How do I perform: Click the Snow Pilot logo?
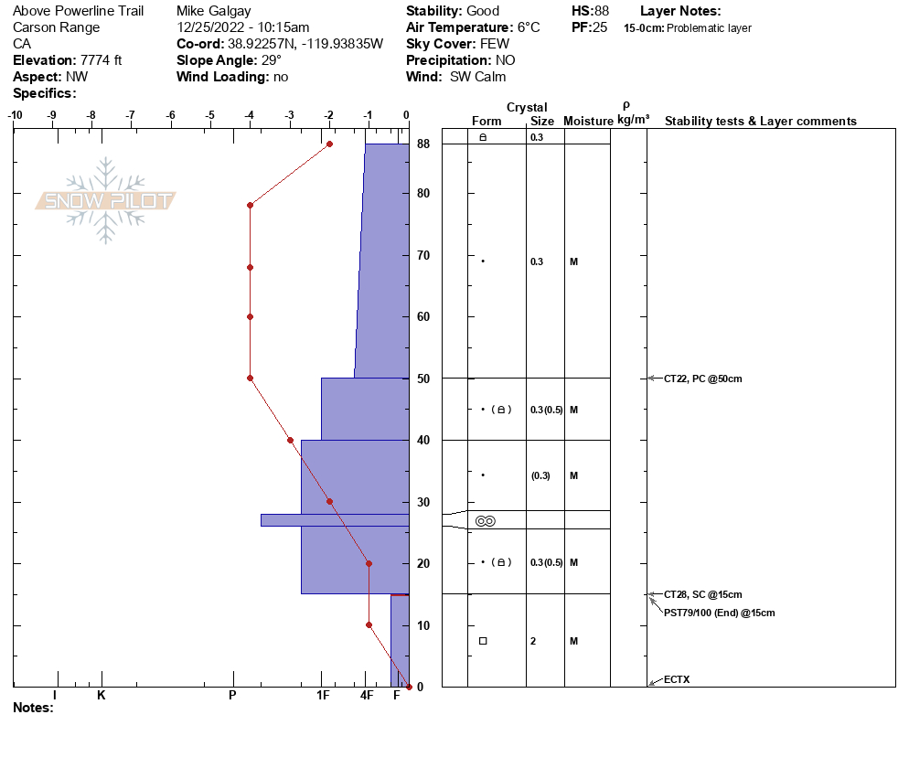(x=105, y=200)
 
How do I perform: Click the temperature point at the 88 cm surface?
(x=329, y=144)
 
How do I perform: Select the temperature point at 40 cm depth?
(x=291, y=441)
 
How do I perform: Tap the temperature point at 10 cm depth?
(x=369, y=624)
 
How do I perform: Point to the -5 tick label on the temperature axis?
(x=209, y=115)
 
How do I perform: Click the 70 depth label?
(x=423, y=255)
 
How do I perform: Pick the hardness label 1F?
(x=323, y=695)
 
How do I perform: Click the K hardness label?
(x=101, y=695)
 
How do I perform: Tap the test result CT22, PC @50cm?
(x=702, y=379)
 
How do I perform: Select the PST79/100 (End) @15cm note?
(x=720, y=613)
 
